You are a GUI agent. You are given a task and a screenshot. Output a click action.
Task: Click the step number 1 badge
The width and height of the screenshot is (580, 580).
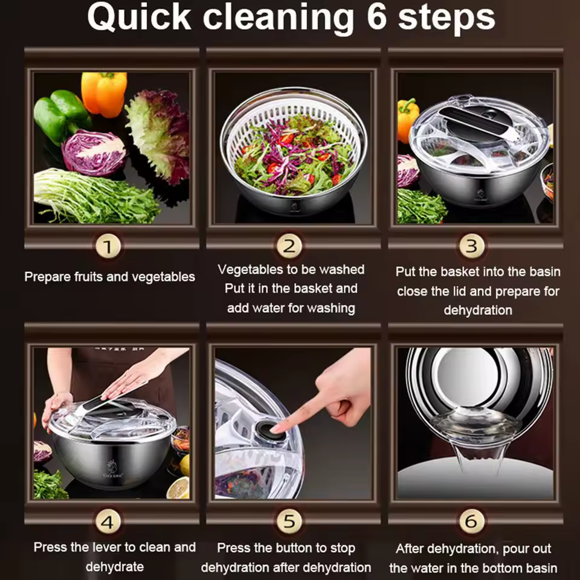(x=108, y=246)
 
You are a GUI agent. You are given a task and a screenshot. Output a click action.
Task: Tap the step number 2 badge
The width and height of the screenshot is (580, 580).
(x=289, y=246)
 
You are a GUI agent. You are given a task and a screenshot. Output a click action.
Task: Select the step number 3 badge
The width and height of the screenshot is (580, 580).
(x=472, y=246)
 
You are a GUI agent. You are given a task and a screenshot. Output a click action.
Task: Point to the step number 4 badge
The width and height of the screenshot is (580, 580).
(x=108, y=522)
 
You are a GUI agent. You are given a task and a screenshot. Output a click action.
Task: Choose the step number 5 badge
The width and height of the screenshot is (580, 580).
(x=289, y=521)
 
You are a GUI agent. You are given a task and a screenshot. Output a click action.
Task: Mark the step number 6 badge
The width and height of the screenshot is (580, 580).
(x=472, y=521)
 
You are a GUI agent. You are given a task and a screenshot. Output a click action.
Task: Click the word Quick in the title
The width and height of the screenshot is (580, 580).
(x=139, y=18)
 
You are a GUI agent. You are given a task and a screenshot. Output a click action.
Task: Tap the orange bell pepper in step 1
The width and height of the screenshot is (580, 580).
(x=104, y=94)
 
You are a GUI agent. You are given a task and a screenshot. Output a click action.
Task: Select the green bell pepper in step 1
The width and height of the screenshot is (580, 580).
(x=62, y=115)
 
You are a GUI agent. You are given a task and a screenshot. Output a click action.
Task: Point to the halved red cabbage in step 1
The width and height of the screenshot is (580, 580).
(x=94, y=152)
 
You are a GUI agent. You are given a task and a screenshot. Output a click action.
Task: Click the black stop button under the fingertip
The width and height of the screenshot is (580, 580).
(x=271, y=430)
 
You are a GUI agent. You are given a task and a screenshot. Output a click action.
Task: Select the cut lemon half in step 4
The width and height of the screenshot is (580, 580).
(x=178, y=488)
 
